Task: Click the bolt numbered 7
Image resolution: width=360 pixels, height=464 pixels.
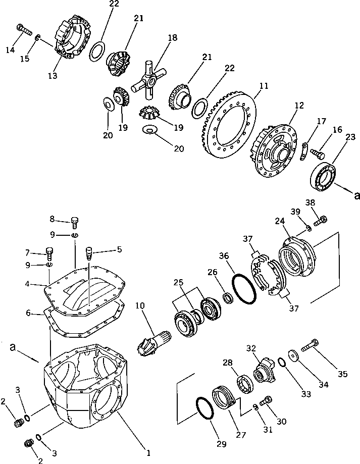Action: pyautogui.click(x=50, y=250)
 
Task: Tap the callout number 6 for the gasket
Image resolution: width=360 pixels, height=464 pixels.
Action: pyautogui.click(x=29, y=314)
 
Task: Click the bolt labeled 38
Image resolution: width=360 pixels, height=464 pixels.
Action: pyautogui.click(x=321, y=220)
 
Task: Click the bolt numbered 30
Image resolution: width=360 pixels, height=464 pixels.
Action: pyautogui.click(x=265, y=402)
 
